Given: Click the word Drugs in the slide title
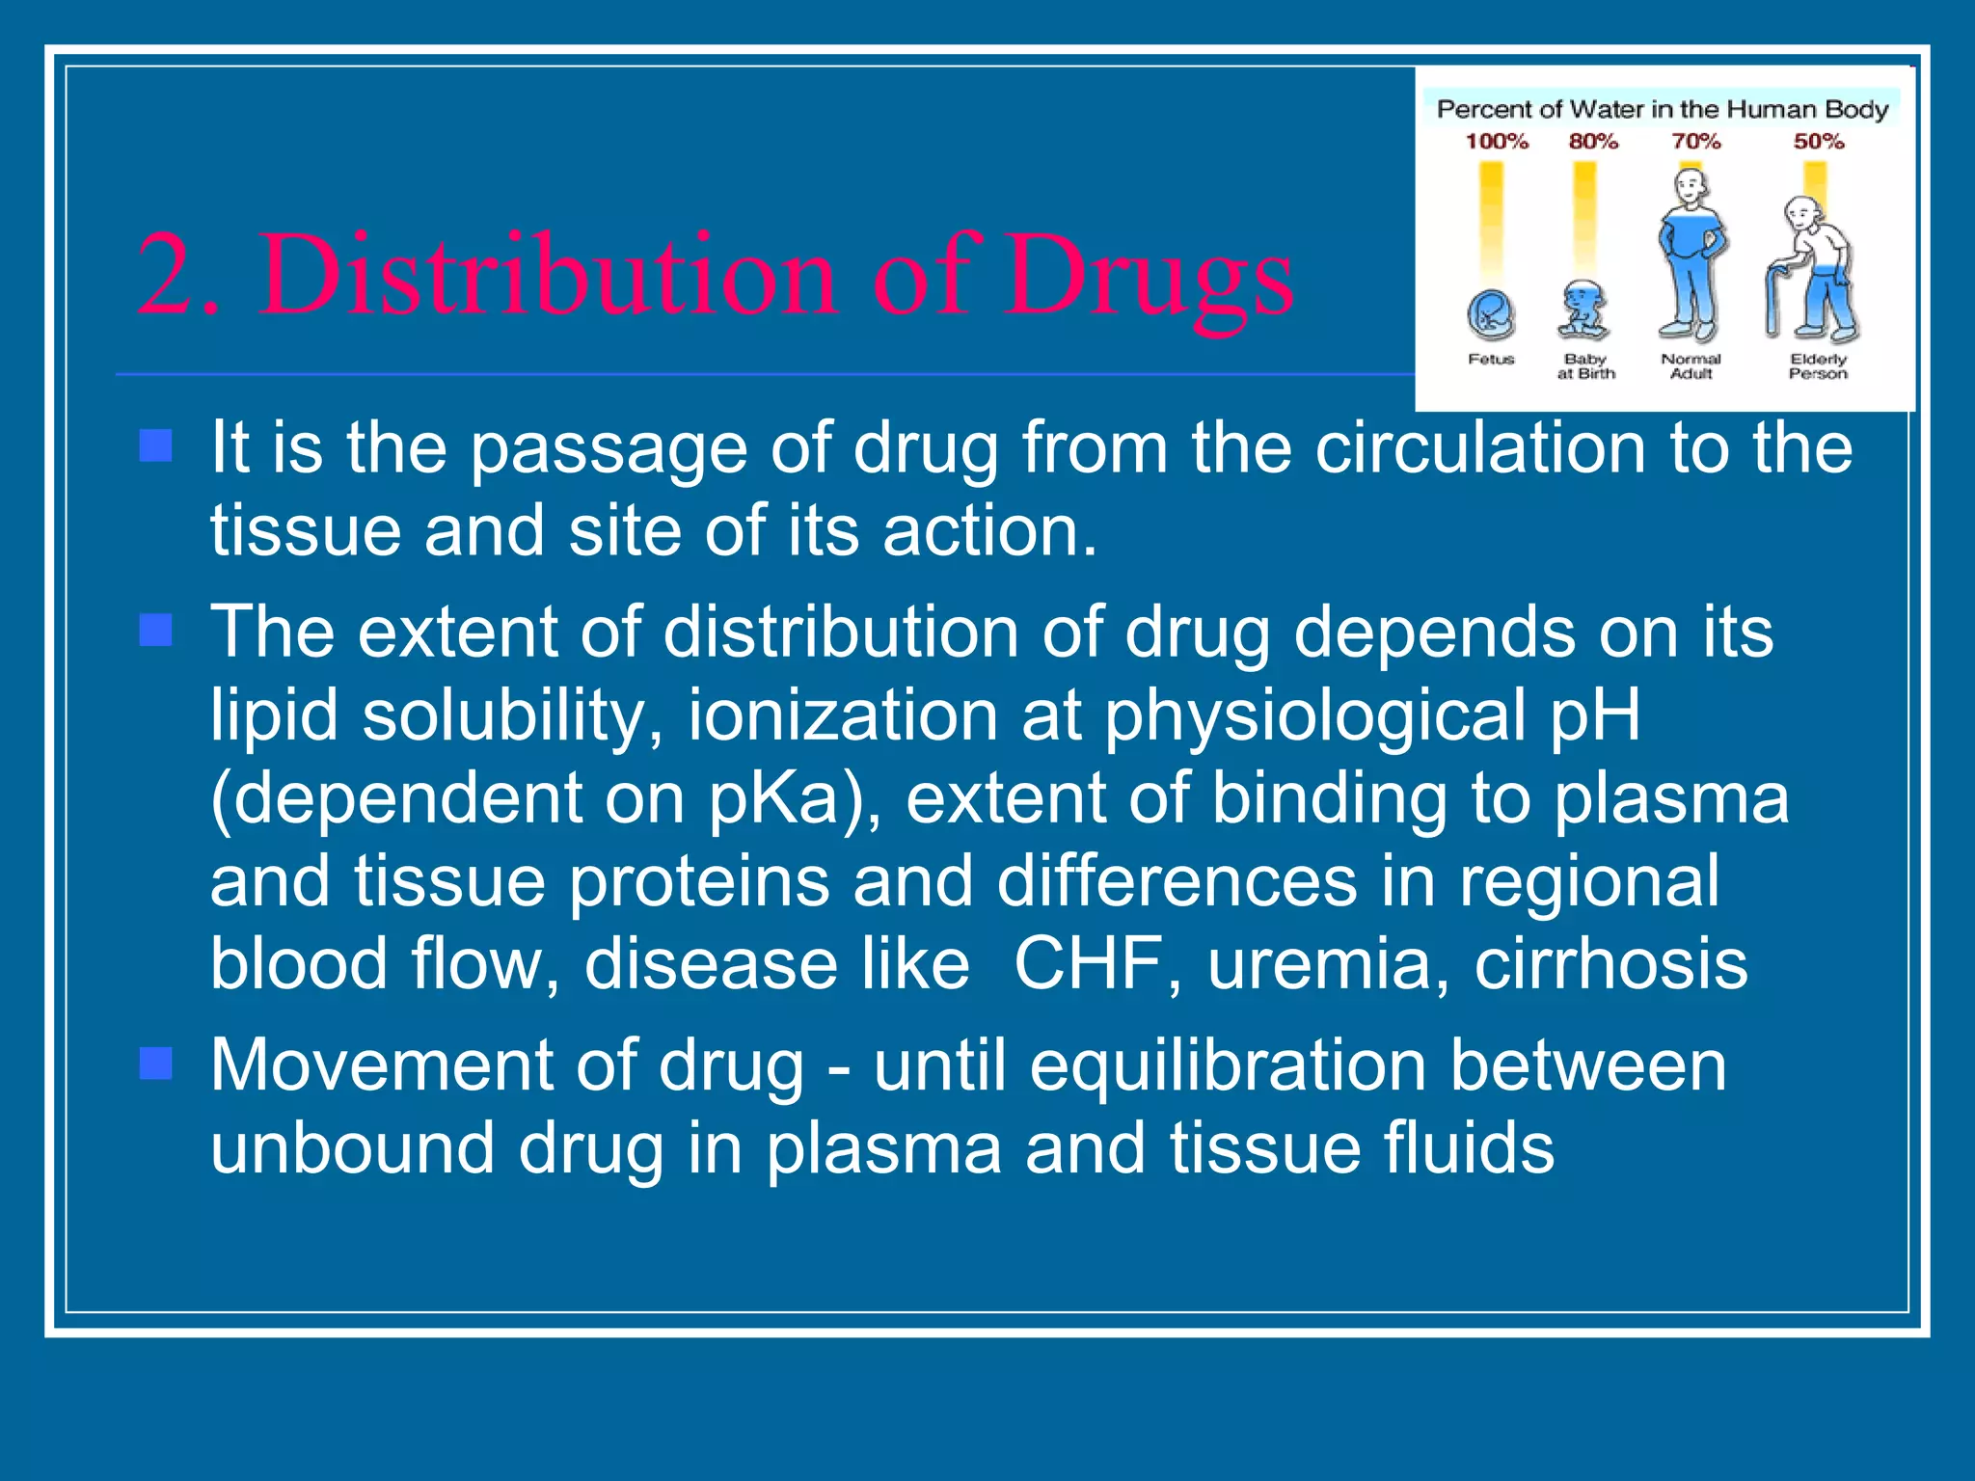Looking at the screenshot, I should tap(1148, 277).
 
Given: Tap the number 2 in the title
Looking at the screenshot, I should tap(172, 277).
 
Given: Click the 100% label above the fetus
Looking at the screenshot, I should tap(1497, 142).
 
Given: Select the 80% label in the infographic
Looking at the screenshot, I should tap(1593, 142).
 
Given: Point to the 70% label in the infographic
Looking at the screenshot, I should tap(1696, 142).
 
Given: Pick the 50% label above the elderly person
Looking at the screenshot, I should tap(1819, 142).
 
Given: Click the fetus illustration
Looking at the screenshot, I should tap(1491, 315).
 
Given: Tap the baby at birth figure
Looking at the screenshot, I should tap(1583, 310).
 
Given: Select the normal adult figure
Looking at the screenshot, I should tap(1691, 256).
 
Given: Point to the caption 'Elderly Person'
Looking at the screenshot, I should tap(1818, 366).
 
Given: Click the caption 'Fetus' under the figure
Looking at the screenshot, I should tap(1491, 360).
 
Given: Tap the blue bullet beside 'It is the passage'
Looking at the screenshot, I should tap(155, 446).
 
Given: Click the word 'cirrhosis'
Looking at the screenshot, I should tap(1610, 963).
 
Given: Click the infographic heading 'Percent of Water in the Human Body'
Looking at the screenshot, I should tap(1662, 109).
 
